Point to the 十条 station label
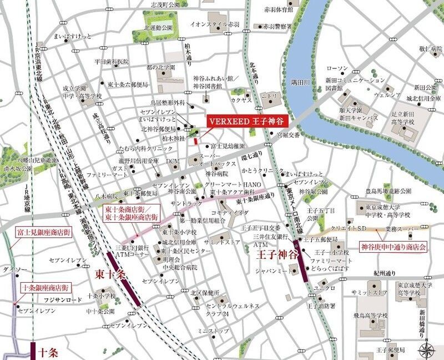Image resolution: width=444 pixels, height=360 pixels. tap(49, 352)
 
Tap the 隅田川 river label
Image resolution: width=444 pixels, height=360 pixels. tap(300, 82)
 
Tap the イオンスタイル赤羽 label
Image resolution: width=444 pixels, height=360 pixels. tap(214, 25)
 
